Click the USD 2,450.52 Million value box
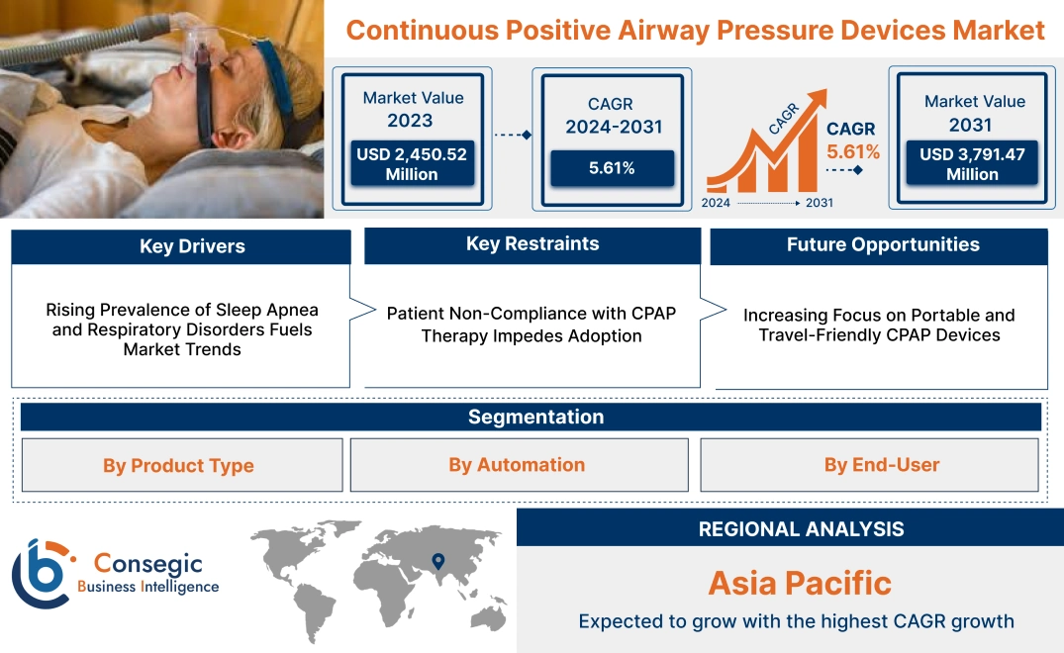point(411,164)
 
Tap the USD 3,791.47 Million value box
point(972,164)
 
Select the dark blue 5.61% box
point(612,168)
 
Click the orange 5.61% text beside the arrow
point(853,152)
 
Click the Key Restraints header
point(532,244)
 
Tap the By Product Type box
point(179,465)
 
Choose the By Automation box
point(517,465)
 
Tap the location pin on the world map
point(435,563)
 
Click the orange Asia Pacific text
point(799,583)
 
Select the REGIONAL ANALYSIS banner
point(801,529)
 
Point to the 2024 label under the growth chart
point(717,203)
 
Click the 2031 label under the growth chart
point(820,203)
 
